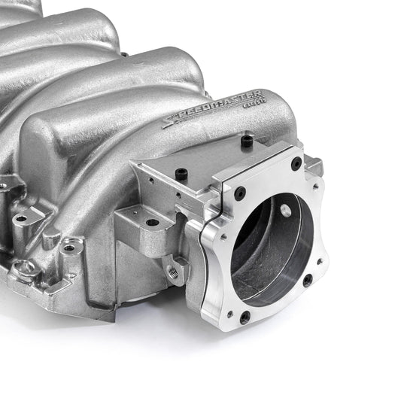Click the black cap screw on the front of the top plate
(181, 173)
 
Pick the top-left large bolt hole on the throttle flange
(239, 193)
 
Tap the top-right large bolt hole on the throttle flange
(296, 163)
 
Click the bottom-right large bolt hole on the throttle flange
(307, 280)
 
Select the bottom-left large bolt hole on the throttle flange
(245, 317)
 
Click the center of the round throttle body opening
(271, 248)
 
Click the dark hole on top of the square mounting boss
(152, 222)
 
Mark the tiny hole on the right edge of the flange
(320, 263)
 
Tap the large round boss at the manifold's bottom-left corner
(24, 269)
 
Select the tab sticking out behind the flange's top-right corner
(314, 165)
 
